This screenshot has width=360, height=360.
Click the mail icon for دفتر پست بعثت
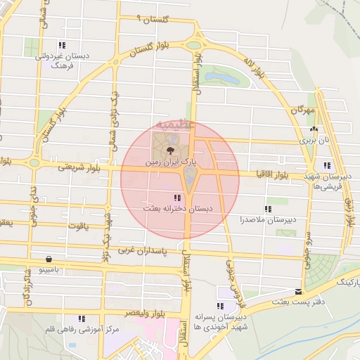(299, 291)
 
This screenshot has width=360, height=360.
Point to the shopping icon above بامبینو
(48, 258)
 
